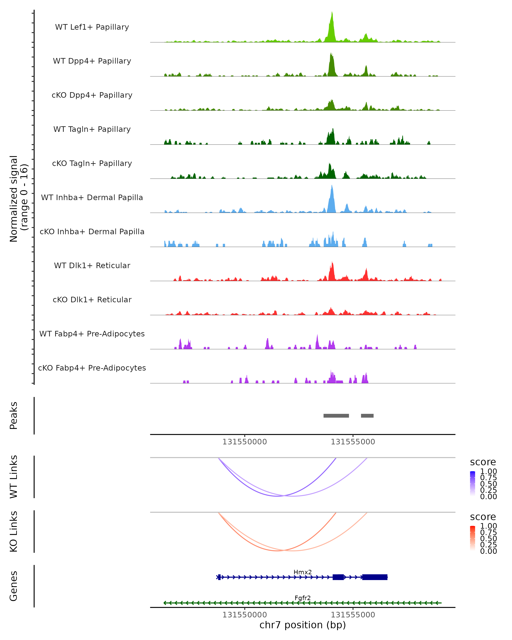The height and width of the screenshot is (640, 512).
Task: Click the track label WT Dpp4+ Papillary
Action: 92,61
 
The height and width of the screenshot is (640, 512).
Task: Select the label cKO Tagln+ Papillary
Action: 92,164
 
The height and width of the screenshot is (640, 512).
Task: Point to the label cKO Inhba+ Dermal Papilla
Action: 92,232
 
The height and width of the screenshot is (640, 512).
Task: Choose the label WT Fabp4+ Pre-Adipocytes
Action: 92,334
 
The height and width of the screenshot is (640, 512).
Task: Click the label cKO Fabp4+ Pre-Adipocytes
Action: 92,368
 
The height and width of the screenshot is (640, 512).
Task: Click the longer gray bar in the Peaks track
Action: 336,416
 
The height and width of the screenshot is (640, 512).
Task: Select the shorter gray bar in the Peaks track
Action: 367,416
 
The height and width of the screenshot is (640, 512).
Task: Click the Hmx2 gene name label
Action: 303,572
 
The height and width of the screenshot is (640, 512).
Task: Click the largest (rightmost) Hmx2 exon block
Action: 375,577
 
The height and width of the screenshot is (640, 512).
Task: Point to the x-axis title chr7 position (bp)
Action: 303,625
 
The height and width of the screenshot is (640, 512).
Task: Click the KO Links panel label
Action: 14,531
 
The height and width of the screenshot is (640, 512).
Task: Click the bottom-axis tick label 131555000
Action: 353,615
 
